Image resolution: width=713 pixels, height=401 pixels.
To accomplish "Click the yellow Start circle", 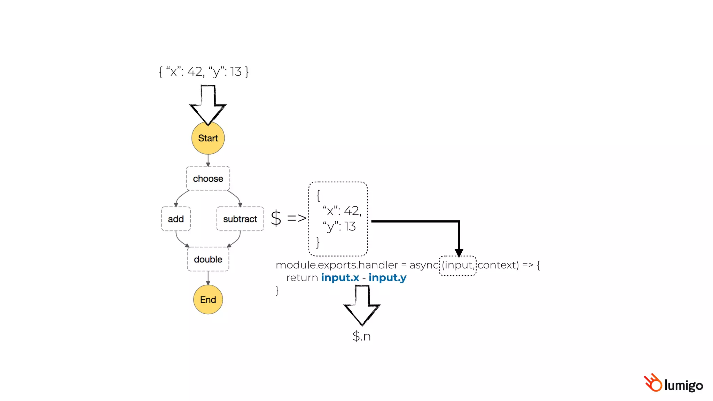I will [x=208, y=138].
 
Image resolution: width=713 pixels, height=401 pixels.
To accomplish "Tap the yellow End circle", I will [x=208, y=300].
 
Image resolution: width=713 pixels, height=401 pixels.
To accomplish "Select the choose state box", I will [x=208, y=179].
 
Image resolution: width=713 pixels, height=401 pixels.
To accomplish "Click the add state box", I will [x=176, y=219].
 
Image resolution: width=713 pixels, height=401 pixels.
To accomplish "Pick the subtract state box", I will [x=240, y=219].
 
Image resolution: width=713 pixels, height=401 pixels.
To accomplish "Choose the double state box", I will [x=208, y=259].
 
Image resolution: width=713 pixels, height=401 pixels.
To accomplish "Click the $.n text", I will [x=361, y=336].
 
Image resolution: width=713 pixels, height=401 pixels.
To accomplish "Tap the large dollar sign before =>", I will [x=276, y=218].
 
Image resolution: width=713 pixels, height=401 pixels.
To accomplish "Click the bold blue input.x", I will [x=340, y=278].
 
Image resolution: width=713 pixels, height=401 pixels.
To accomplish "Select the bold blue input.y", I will [x=387, y=278].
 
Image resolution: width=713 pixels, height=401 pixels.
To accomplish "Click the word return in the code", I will [x=302, y=278].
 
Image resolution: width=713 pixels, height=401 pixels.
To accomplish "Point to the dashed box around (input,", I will [x=457, y=266].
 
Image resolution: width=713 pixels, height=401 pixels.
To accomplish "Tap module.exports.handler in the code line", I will [x=337, y=265].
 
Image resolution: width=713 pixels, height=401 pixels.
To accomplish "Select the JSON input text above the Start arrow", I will [x=204, y=72].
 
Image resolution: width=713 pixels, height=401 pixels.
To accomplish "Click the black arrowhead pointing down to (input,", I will [x=459, y=253].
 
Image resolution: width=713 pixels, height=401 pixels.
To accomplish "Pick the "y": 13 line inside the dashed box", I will [x=339, y=227].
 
